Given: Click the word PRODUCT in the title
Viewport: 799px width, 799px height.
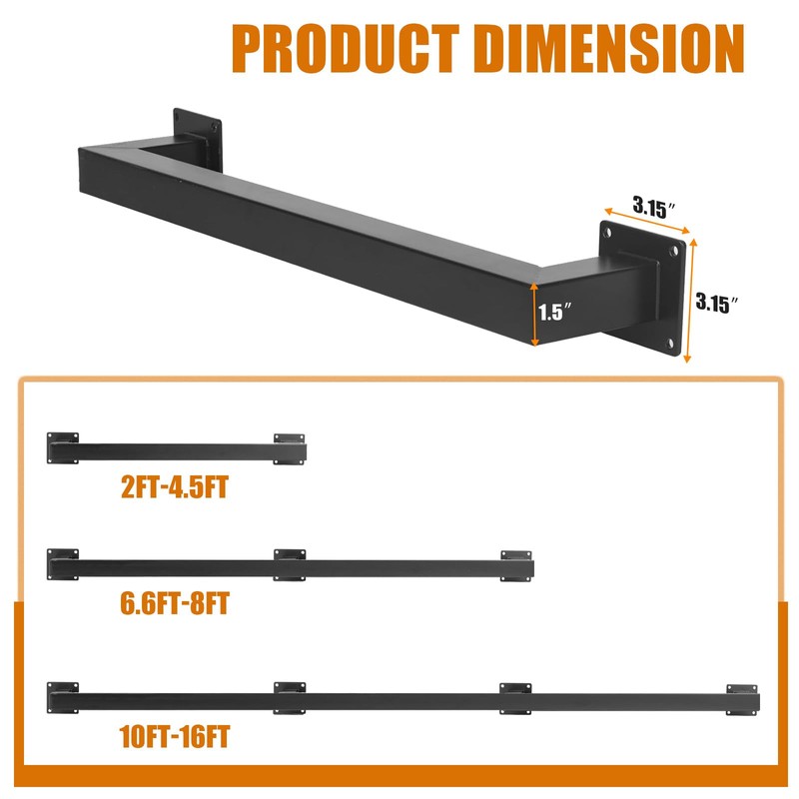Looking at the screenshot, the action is pyautogui.click(x=346, y=49).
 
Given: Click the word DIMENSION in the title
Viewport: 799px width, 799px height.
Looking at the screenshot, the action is pyautogui.click(x=609, y=49).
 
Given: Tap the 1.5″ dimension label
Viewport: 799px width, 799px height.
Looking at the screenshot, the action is pyautogui.click(x=555, y=312).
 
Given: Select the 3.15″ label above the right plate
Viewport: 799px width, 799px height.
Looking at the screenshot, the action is pyautogui.click(x=655, y=207).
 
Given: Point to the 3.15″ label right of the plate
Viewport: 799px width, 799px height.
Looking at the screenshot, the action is pyautogui.click(x=717, y=303).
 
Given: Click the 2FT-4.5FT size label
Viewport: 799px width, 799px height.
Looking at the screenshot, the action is pyautogui.click(x=175, y=486).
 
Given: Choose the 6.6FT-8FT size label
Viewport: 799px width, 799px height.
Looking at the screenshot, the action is pyautogui.click(x=175, y=603).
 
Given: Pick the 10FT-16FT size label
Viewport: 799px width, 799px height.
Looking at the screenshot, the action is pyautogui.click(x=175, y=736).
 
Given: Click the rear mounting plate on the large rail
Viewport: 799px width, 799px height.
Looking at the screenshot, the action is pyautogui.click(x=198, y=140).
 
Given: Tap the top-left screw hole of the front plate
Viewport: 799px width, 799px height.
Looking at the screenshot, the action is pyautogui.click(x=607, y=234).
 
